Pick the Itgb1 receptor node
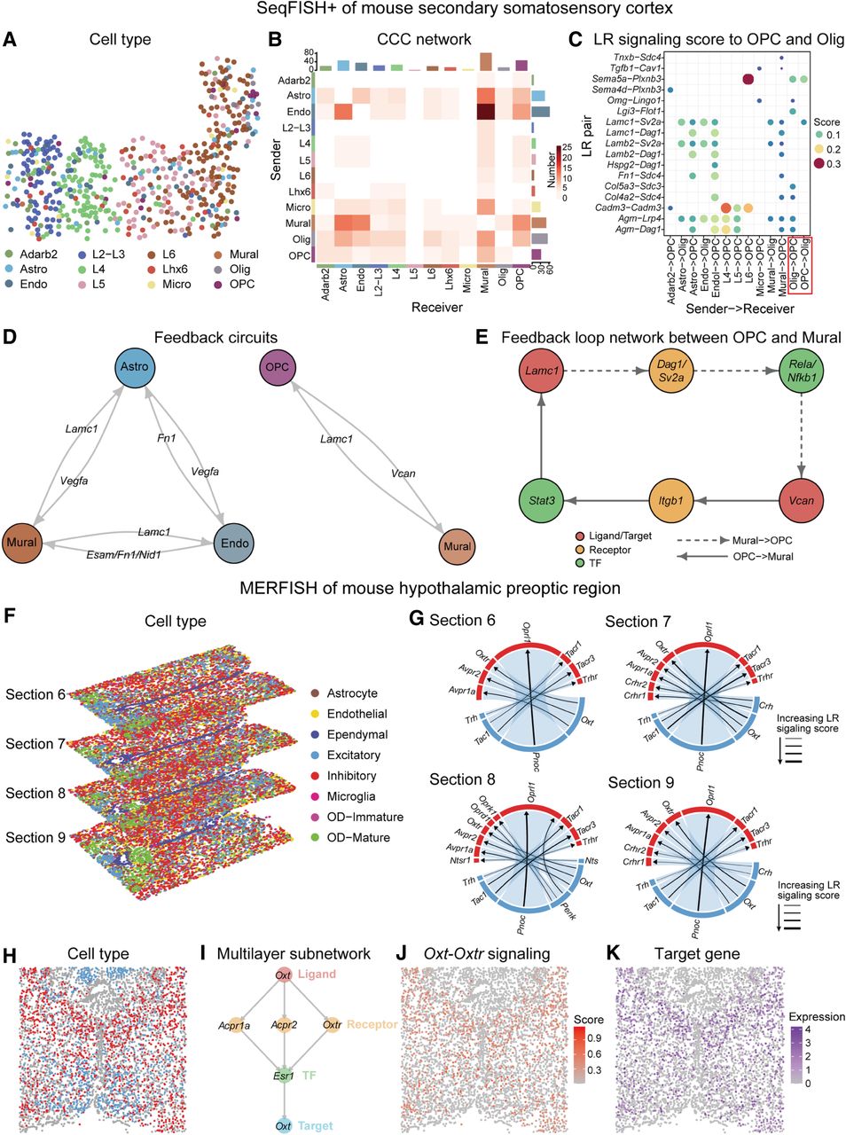pyautogui.click(x=672, y=502)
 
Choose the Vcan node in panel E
pyautogui.click(x=802, y=501)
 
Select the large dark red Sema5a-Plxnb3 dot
pyautogui.click(x=747, y=80)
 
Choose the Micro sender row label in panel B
pyautogui.click(x=298, y=207)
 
